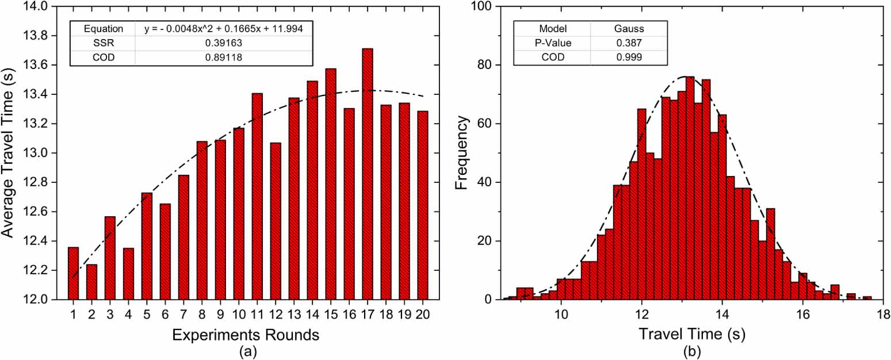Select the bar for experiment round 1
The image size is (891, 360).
[x=73, y=273]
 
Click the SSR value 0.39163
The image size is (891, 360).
[x=224, y=43]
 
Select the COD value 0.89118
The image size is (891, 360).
[x=224, y=58]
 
